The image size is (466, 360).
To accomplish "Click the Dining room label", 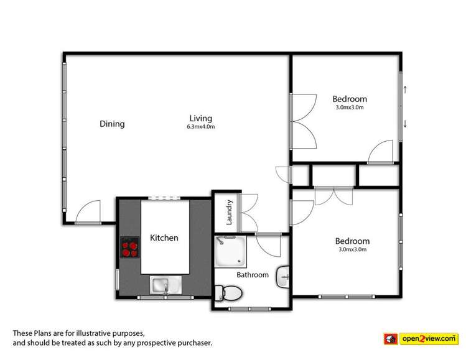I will (x=112, y=124).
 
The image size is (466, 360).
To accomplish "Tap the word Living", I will (x=201, y=118).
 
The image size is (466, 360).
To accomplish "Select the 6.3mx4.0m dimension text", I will (x=201, y=127).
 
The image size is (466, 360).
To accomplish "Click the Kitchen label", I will (x=164, y=238).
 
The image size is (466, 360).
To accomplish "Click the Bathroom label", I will (x=253, y=275).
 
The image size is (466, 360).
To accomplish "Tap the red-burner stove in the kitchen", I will (x=131, y=247).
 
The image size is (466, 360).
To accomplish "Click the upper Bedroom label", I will (x=349, y=99).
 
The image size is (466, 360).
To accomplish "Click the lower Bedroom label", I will (x=352, y=241).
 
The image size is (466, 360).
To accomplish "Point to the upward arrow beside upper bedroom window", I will (x=406, y=89).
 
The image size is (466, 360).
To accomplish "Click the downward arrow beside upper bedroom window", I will (x=406, y=124).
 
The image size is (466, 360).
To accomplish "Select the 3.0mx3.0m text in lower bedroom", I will (x=352, y=250).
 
